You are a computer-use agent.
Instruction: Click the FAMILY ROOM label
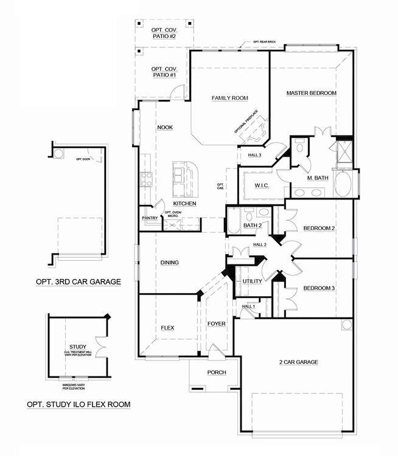(230, 98)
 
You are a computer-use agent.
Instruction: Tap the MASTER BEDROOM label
(312, 93)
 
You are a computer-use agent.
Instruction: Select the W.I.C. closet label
(262, 185)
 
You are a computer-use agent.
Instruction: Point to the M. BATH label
(318, 178)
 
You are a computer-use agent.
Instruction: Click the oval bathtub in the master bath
(343, 184)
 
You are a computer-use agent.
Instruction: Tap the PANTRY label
(150, 218)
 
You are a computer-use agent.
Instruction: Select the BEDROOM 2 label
(319, 228)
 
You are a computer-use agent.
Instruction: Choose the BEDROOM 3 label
(319, 288)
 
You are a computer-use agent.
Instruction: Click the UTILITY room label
(252, 282)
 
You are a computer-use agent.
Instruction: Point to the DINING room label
(169, 263)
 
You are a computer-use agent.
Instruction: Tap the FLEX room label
(167, 328)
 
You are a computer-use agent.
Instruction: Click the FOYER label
(216, 323)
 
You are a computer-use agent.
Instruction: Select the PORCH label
(216, 372)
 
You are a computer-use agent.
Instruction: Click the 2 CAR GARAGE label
(298, 362)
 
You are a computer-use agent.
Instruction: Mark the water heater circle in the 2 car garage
(346, 325)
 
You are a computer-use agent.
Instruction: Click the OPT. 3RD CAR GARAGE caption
(77, 282)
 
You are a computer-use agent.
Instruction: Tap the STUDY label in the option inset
(77, 346)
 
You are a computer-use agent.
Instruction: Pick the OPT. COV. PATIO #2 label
(164, 32)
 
